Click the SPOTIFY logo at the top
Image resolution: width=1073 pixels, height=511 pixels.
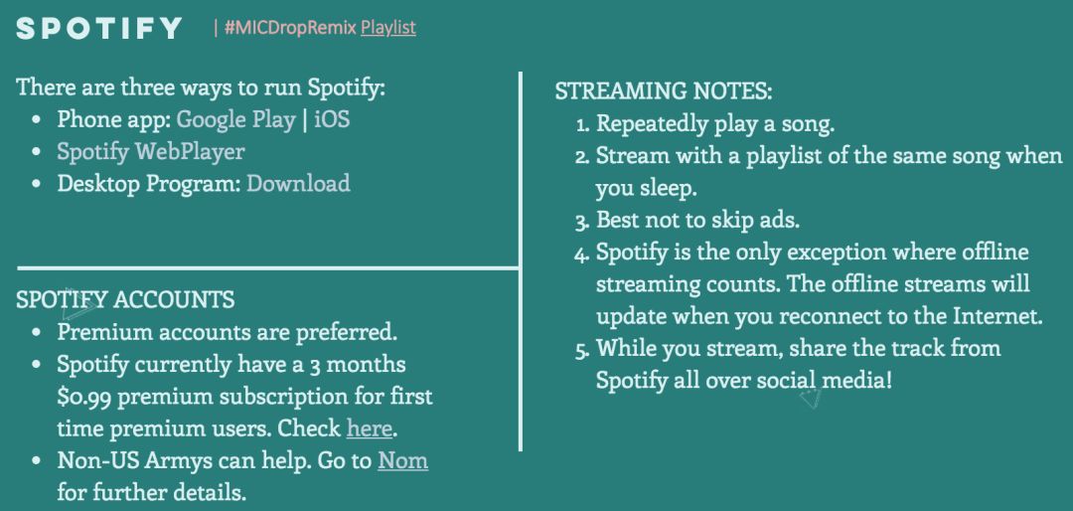[x=99, y=28]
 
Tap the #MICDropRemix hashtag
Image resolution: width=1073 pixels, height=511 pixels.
[x=290, y=28]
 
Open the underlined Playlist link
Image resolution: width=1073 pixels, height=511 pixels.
[x=388, y=28]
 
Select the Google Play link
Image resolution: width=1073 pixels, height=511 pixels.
[x=236, y=119]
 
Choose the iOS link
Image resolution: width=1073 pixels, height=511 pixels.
[x=332, y=119]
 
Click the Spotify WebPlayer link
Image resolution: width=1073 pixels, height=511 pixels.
[x=151, y=151]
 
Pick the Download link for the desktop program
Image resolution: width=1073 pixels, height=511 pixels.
[x=298, y=183]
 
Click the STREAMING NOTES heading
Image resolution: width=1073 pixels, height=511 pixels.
[x=663, y=91]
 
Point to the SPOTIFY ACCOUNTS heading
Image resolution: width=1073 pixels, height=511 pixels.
[x=125, y=299]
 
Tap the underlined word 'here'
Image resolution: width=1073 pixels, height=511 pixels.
[x=370, y=428]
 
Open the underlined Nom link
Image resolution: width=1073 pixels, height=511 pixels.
[x=403, y=460]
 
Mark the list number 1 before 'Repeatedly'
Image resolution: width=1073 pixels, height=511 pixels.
[x=582, y=124]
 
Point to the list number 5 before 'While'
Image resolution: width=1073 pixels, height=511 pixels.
[x=582, y=349]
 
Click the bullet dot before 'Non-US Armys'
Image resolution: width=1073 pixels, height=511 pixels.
[x=37, y=461]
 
